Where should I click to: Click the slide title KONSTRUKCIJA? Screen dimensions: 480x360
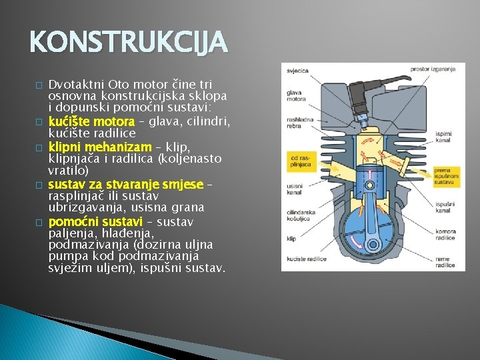click(x=129, y=44)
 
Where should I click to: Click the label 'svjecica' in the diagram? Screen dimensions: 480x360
click(x=297, y=70)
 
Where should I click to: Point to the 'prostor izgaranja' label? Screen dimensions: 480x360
click(x=433, y=69)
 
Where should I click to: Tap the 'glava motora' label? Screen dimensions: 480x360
click(x=296, y=96)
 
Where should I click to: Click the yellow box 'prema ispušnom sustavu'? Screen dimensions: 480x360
click(x=445, y=175)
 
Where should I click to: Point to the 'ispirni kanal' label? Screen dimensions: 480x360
click(x=443, y=137)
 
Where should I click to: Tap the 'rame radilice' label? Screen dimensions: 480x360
click(x=445, y=263)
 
